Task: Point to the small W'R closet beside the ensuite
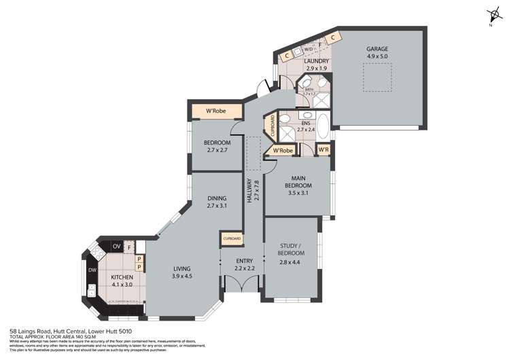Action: [x=324, y=149]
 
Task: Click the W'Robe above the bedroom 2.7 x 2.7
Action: [x=216, y=111]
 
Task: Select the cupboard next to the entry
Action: [x=229, y=239]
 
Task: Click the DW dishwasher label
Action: [x=92, y=271]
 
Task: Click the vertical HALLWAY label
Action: [x=250, y=193]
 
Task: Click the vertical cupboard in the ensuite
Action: [x=274, y=126]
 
